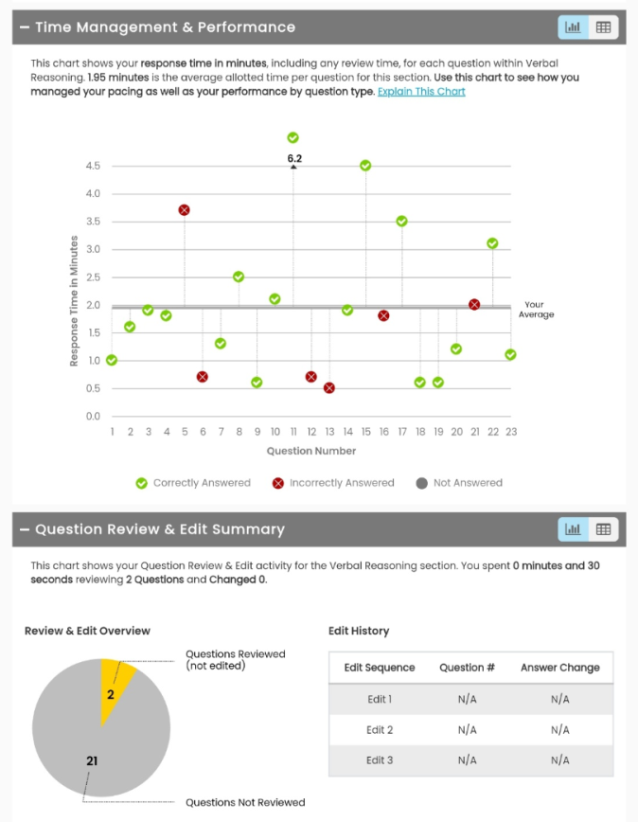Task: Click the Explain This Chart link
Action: pos(421,92)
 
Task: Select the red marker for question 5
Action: pos(185,210)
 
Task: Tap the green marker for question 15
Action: pos(365,166)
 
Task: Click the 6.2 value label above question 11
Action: pos(294,158)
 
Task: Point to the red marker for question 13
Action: pos(329,388)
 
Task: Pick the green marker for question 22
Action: pos(492,243)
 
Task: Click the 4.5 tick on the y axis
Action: pos(93,166)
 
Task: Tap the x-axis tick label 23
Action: pos(509,432)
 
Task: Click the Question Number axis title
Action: pos(311,451)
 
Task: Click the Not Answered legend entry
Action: pos(459,483)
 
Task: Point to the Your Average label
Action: pos(536,310)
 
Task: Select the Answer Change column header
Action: pos(559,668)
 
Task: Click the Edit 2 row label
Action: pos(380,730)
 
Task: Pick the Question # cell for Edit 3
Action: pos(467,760)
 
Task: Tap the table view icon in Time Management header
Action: pos(603,27)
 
